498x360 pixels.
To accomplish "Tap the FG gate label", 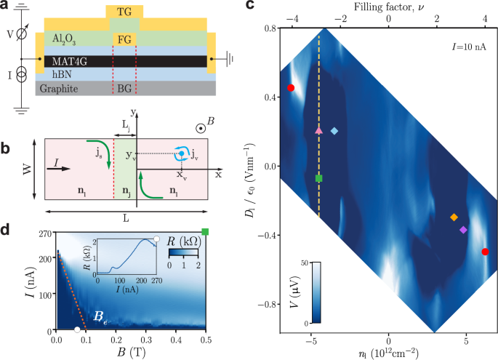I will tap(126, 39).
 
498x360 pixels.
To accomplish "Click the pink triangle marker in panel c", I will tap(318, 130).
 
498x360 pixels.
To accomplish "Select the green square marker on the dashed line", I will tap(319, 178).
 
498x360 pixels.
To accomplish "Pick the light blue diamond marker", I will tap(334, 132).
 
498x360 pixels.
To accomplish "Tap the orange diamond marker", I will tap(454, 217).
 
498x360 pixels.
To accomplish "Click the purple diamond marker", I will tap(463, 230).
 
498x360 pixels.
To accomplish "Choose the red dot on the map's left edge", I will tap(291, 88).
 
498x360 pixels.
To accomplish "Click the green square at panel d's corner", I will tap(206, 232).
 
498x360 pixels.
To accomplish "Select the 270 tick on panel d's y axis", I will tap(41, 233).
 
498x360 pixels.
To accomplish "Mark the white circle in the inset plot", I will tap(156, 239).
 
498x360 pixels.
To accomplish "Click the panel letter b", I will tap(7, 149).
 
